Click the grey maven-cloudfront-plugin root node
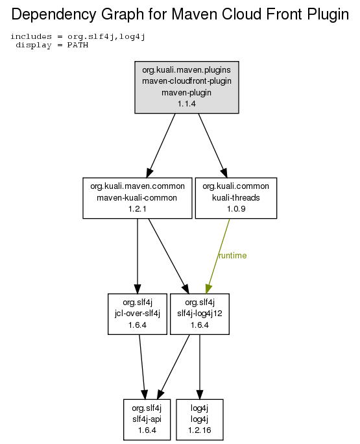coord(187,87)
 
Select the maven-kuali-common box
coord(138,198)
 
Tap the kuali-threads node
coord(236,198)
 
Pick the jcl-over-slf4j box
coord(138,314)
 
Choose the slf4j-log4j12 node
coord(200,314)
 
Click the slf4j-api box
coord(147,419)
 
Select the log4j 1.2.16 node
coord(200,419)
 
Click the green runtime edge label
coord(233,255)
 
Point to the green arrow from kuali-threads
coord(218,256)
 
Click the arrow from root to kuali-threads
coord(213,145)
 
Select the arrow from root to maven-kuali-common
coord(161,145)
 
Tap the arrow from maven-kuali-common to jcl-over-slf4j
coord(138,256)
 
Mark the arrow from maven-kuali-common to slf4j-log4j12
coord(169,256)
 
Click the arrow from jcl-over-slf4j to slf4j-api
coord(142,367)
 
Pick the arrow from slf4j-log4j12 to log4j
coord(200,367)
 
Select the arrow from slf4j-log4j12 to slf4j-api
coord(173,367)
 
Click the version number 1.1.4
coord(187,104)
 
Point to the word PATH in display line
coord(78,45)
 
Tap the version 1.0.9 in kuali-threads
coord(236,209)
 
